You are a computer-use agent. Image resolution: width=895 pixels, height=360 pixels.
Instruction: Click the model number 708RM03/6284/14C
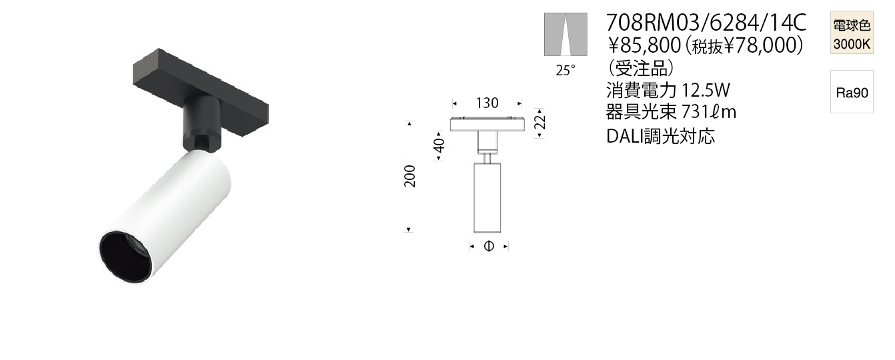coord(706,23)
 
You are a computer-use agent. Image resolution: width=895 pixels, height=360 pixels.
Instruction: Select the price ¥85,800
coord(644,45)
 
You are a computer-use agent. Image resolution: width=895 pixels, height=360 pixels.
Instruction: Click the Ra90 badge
coord(852,92)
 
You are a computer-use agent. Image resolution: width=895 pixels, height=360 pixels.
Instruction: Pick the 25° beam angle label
coord(566,70)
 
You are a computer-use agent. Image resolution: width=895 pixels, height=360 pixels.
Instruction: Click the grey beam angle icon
coord(566,35)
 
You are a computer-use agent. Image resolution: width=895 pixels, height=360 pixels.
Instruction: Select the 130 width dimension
coord(487,103)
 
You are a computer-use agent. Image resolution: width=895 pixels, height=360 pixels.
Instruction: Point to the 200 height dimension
coord(409,176)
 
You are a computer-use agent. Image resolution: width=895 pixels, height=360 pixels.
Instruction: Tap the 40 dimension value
coord(439,145)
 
